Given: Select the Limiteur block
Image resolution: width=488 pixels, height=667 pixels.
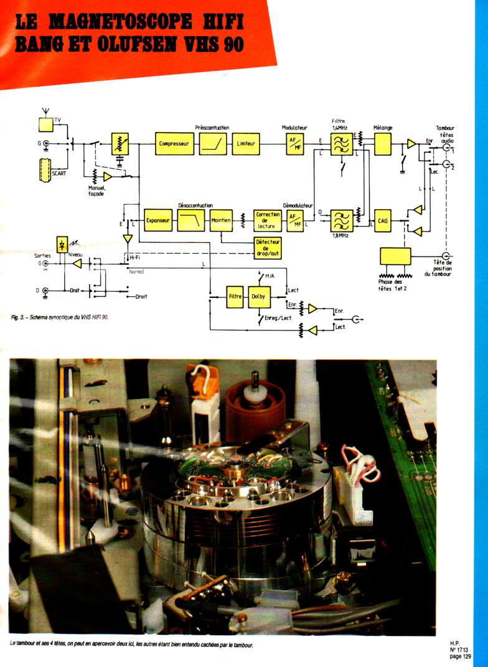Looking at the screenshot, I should click(x=246, y=144).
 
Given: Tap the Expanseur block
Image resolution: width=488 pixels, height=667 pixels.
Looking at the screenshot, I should click(x=157, y=220).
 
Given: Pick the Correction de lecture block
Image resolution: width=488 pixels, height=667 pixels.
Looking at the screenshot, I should click(x=268, y=220).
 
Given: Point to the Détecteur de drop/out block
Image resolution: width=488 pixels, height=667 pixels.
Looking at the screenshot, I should click(x=268, y=248).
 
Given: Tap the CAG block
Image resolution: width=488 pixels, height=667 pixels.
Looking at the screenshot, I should click(x=382, y=220).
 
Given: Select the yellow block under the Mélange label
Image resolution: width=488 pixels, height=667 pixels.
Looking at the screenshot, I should click(x=382, y=144).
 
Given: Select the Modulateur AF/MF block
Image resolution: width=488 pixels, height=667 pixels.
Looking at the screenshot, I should click(x=294, y=144).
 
